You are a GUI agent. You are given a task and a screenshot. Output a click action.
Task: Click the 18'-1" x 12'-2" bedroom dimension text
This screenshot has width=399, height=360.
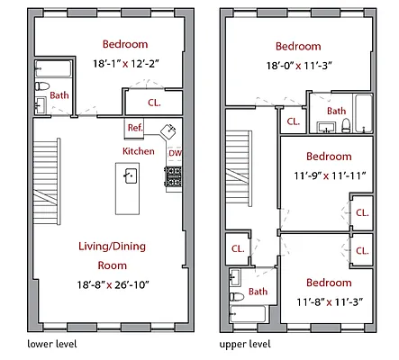(125, 64)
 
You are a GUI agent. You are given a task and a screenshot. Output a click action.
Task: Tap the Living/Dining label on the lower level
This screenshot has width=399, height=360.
(124, 246)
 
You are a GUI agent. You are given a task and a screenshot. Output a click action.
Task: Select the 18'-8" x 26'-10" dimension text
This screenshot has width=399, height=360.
(124, 285)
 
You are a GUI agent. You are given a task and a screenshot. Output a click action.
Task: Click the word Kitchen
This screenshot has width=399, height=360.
(139, 151)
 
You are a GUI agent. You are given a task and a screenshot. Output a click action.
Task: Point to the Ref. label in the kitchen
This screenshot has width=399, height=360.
(135, 128)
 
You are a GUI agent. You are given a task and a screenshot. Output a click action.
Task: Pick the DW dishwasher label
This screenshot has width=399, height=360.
(174, 153)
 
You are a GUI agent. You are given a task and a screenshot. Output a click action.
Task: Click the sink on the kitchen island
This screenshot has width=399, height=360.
(130, 175)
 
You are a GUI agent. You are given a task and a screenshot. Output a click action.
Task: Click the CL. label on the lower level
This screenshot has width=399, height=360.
(154, 103)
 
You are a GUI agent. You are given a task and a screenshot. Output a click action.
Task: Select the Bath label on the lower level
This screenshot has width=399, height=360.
(59, 95)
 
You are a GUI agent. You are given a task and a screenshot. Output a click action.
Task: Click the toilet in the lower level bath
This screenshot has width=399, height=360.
(41, 86)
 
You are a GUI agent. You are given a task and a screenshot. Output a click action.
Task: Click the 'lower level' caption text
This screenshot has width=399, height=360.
(51, 344)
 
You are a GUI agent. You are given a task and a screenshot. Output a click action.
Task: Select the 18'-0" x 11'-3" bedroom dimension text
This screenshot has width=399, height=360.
(298, 66)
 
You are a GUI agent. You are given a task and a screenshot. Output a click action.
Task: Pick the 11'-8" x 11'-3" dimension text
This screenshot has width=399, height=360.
(328, 301)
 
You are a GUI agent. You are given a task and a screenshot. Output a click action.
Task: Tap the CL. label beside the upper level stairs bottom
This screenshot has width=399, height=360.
(238, 249)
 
